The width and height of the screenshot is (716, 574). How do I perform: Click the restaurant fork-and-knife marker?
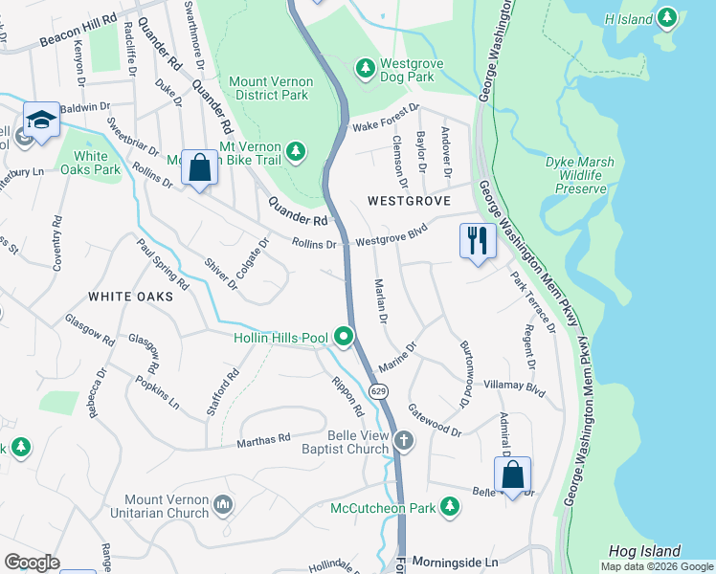[x=478, y=239]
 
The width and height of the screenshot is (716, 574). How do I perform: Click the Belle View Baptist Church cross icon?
[x=404, y=440]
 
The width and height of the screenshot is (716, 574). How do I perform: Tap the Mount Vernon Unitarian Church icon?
[x=223, y=503]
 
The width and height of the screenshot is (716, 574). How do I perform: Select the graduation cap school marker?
[x=41, y=121]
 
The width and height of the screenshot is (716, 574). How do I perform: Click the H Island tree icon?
[x=667, y=18]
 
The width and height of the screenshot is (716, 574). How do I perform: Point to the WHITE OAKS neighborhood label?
[x=130, y=297]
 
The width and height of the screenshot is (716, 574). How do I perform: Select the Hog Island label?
[x=644, y=551]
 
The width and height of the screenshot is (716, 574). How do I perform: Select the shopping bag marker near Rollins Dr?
[x=199, y=168]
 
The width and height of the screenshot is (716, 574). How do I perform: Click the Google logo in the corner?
[x=32, y=563]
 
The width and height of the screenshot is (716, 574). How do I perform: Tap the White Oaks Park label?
[x=91, y=164]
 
